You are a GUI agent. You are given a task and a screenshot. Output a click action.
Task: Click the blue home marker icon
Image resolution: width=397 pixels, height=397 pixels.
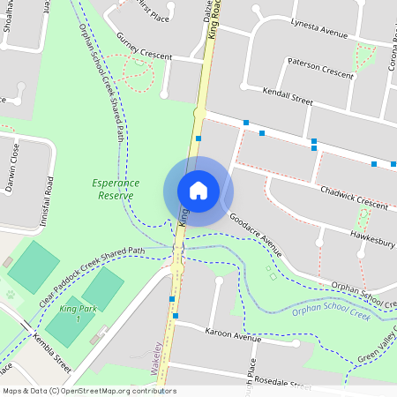(x=198, y=191)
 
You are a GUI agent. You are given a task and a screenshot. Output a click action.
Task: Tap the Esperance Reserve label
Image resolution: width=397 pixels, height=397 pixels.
(x=113, y=188)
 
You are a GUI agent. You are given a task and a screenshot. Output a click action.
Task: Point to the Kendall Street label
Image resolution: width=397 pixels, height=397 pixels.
(x=288, y=96)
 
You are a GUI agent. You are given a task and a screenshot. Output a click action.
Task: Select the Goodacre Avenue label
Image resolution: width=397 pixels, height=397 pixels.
(x=254, y=235)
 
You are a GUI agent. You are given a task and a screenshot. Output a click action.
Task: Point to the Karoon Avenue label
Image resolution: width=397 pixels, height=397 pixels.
(x=233, y=334)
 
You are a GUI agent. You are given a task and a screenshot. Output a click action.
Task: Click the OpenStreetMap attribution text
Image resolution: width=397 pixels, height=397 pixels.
(x=88, y=391)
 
